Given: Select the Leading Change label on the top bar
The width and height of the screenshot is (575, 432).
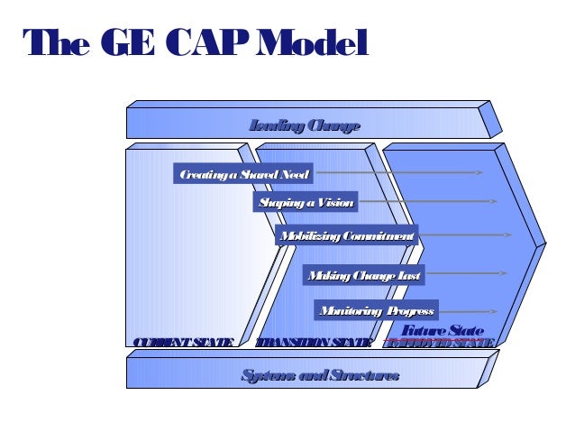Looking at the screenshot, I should pyautogui.click(x=305, y=126).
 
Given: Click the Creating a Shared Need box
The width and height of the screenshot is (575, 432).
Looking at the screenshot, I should pyautogui.click(x=243, y=174).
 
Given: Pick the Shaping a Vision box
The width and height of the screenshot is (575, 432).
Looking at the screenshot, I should pyautogui.click(x=306, y=202).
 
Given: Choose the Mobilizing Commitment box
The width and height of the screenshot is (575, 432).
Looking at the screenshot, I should pyautogui.click(x=347, y=236).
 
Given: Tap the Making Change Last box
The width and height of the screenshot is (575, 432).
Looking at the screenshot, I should pyautogui.click(x=363, y=275).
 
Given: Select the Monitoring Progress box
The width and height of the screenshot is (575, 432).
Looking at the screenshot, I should pyautogui.click(x=377, y=311).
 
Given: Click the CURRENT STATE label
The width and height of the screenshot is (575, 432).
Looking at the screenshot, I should pyautogui.click(x=183, y=342).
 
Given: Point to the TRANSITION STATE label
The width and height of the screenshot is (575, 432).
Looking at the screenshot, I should pyautogui.click(x=313, y=342).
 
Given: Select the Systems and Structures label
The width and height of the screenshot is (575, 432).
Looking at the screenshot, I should pyautogui.click(x=320, y=375).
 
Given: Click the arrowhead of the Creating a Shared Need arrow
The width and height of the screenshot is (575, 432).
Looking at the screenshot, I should pyautogui.click(x=480, y=172).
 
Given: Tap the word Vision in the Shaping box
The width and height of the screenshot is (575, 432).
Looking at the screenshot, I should pyautogui.click(x=335, y=202).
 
